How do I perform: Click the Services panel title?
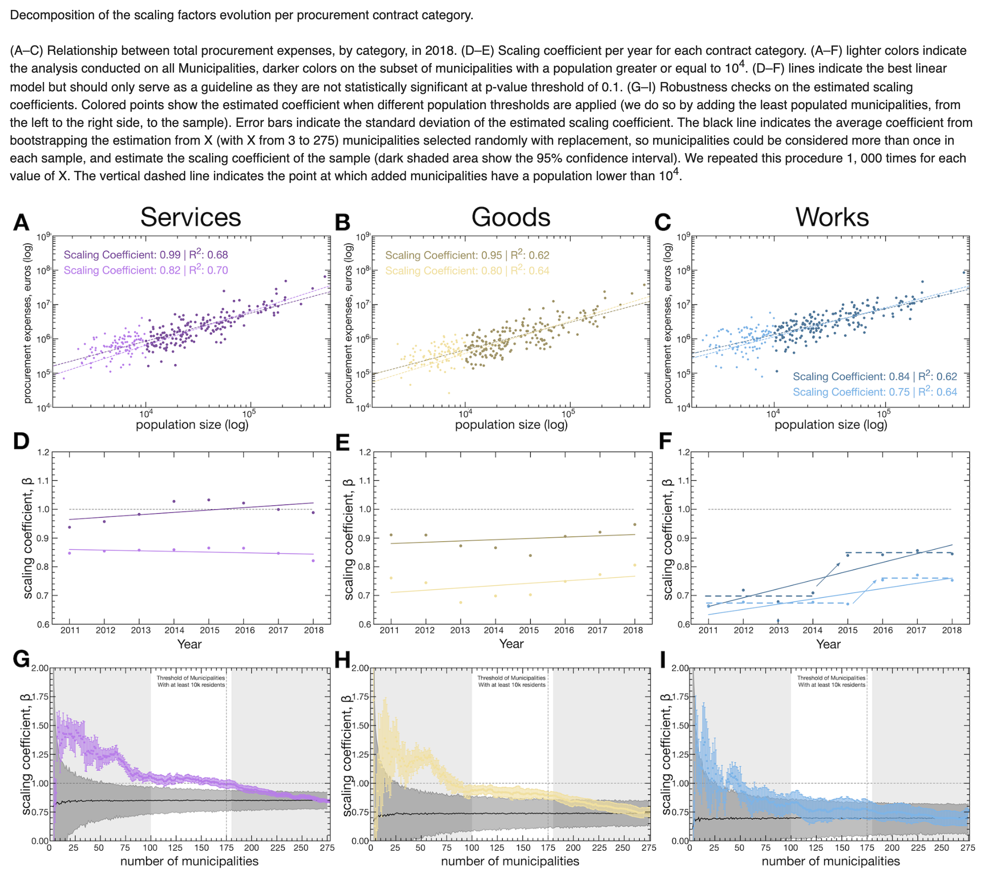tap(190, 217)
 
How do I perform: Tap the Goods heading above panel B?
tap(510, 217)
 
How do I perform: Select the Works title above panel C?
tap(831, 217)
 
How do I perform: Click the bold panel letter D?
tap(21, 441)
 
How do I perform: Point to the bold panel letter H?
tap(342, 659)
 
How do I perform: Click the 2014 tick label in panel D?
tap(174, 630)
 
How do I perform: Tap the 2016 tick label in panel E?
tap(564, 630)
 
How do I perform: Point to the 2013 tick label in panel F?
tap(779, 630)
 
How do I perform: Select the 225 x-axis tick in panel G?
tap(277, 848)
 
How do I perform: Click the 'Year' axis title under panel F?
tap(828, 644)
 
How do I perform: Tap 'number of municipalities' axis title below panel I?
tap(831, 861)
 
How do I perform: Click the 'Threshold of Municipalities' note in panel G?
tap(191, 678)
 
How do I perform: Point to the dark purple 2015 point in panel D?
tap(208, 500)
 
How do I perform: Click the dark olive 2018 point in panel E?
tap(634, 524)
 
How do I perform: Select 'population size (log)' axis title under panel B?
tap(511, 425)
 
